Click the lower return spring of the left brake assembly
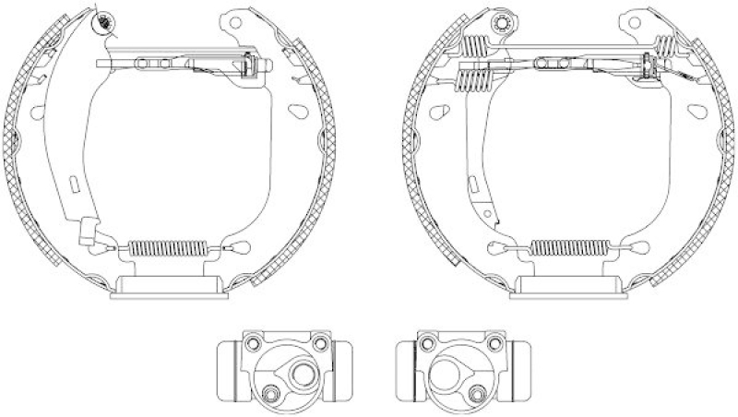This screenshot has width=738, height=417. pos(167,247)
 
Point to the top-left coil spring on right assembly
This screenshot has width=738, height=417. pos(474,45)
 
